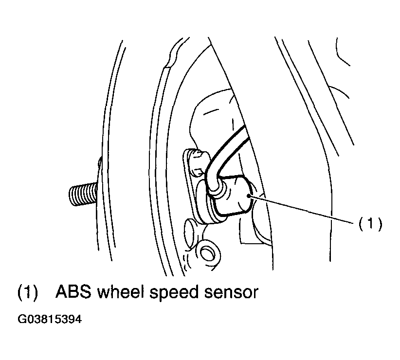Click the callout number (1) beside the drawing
(370, 224)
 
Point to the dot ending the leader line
(248, 196)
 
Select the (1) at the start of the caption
(28, 292)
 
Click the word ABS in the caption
(73, 291)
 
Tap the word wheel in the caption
(119, 291)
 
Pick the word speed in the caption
(174, 292)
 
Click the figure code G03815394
(50, 319)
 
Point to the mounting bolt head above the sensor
(198, 163)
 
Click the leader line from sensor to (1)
(301, 209)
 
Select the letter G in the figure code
(21, 319)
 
